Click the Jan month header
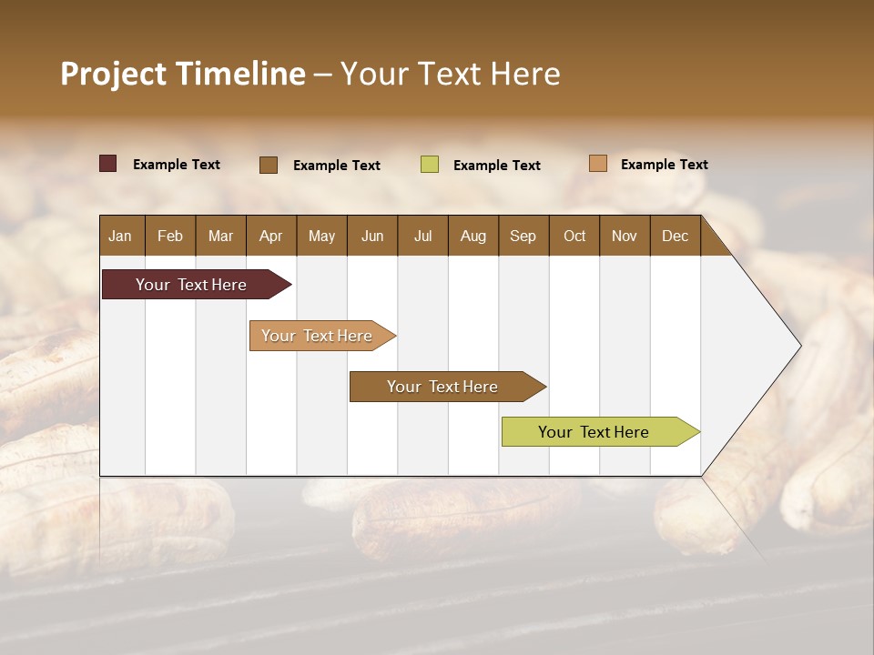click(121, 236)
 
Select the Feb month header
click(170, 236)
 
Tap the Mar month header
click(220, 236)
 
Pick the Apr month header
click(270, 236)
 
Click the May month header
click(321, 236)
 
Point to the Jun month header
click(372, 236)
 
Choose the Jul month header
click(422, 236)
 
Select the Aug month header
click(473, 236)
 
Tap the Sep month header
click(523, 236)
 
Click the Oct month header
click(574, 236)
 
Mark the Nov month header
click(625, 236)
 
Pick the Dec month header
click(675, 236)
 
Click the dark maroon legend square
click(108, 164)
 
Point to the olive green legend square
click(430, 165)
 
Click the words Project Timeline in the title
click(183, 74)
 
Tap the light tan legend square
click(598, 164)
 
